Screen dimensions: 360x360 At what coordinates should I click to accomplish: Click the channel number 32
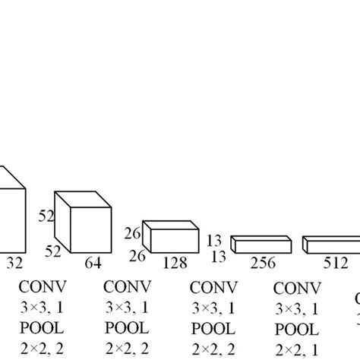click(x=14, y=264)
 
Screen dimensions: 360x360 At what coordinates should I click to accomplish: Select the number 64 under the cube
click(x=93, y=264)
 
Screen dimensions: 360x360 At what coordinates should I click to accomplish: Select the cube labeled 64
click(x=86, y=225)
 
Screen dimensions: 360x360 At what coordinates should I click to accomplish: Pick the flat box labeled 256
click(x=261, y=244)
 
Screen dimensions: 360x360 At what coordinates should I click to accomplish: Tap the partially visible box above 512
click(x=331, y=245)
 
